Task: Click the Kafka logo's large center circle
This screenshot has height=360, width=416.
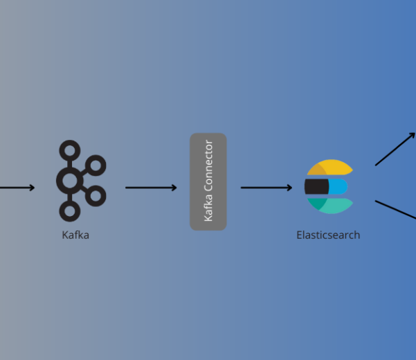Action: point(70,181)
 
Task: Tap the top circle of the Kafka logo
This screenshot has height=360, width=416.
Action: point(70,150)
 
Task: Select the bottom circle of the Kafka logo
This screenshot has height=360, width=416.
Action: point(70,211)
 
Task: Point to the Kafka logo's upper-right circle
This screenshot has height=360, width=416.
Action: point(96,165)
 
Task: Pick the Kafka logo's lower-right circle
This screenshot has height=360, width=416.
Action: point(96,195)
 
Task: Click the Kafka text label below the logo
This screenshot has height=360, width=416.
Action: point(75,235)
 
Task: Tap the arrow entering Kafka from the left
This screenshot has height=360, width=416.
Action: point(17,188)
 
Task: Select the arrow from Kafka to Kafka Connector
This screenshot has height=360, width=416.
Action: point(150,188)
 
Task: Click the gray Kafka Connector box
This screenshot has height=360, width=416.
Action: point(208,181)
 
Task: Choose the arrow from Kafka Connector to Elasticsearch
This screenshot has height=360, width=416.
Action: point(266,188)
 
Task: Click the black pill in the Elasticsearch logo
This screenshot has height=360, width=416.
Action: point(316,187)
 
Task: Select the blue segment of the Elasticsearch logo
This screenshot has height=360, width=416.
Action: point(338,187)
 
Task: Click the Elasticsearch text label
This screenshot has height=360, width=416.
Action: point(328,235)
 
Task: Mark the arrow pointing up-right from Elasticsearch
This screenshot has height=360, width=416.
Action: point(395,149)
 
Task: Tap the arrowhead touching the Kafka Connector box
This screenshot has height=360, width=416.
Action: point(174,188)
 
